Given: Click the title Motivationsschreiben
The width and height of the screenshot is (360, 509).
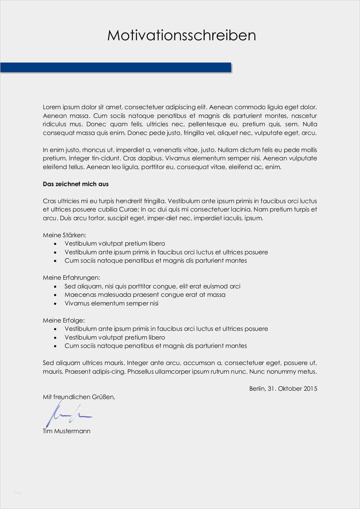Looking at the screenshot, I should pyautogui.click(x=181, y=36).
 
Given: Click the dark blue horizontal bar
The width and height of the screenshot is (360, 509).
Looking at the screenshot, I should pyautogui.click(x=115, y=67).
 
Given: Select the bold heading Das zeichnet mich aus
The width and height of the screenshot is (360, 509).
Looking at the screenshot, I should pyautogui.click(x=75, y=184).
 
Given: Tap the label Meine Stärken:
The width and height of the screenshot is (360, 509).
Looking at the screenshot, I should pyautogui.click(x=65, y=235).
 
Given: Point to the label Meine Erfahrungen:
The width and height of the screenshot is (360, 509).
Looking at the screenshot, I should pyautogui.click(x=71, y=278).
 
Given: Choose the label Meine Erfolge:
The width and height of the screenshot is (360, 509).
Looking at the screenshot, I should pyautogui.click(x=64, y=320).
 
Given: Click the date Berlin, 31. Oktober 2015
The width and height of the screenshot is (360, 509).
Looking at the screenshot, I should pyautogui.click(x=283, y=389).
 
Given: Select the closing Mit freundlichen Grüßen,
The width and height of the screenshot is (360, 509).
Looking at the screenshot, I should pyautogui.click(x=79, y=397).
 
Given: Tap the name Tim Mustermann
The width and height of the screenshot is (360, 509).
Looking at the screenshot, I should pyautogui.click(x=66, y=431).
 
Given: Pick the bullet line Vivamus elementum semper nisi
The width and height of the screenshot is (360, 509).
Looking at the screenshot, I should pyautogui.click(x=111, y=303).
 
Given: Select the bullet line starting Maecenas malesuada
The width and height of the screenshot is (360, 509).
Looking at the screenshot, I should pyautogui.click(x=145, y=295).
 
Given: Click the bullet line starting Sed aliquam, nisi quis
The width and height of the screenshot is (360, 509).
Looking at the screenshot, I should pyautogui.click(x=152, y=286).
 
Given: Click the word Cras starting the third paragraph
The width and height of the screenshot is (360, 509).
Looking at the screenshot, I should pyautogui.click(x=49, y=201).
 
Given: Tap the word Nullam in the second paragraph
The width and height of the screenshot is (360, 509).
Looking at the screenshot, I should pyautogui.click(x=227, y=150).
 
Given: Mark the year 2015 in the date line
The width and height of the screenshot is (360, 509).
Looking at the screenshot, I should pyautogui.click(x=310, y=389).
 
